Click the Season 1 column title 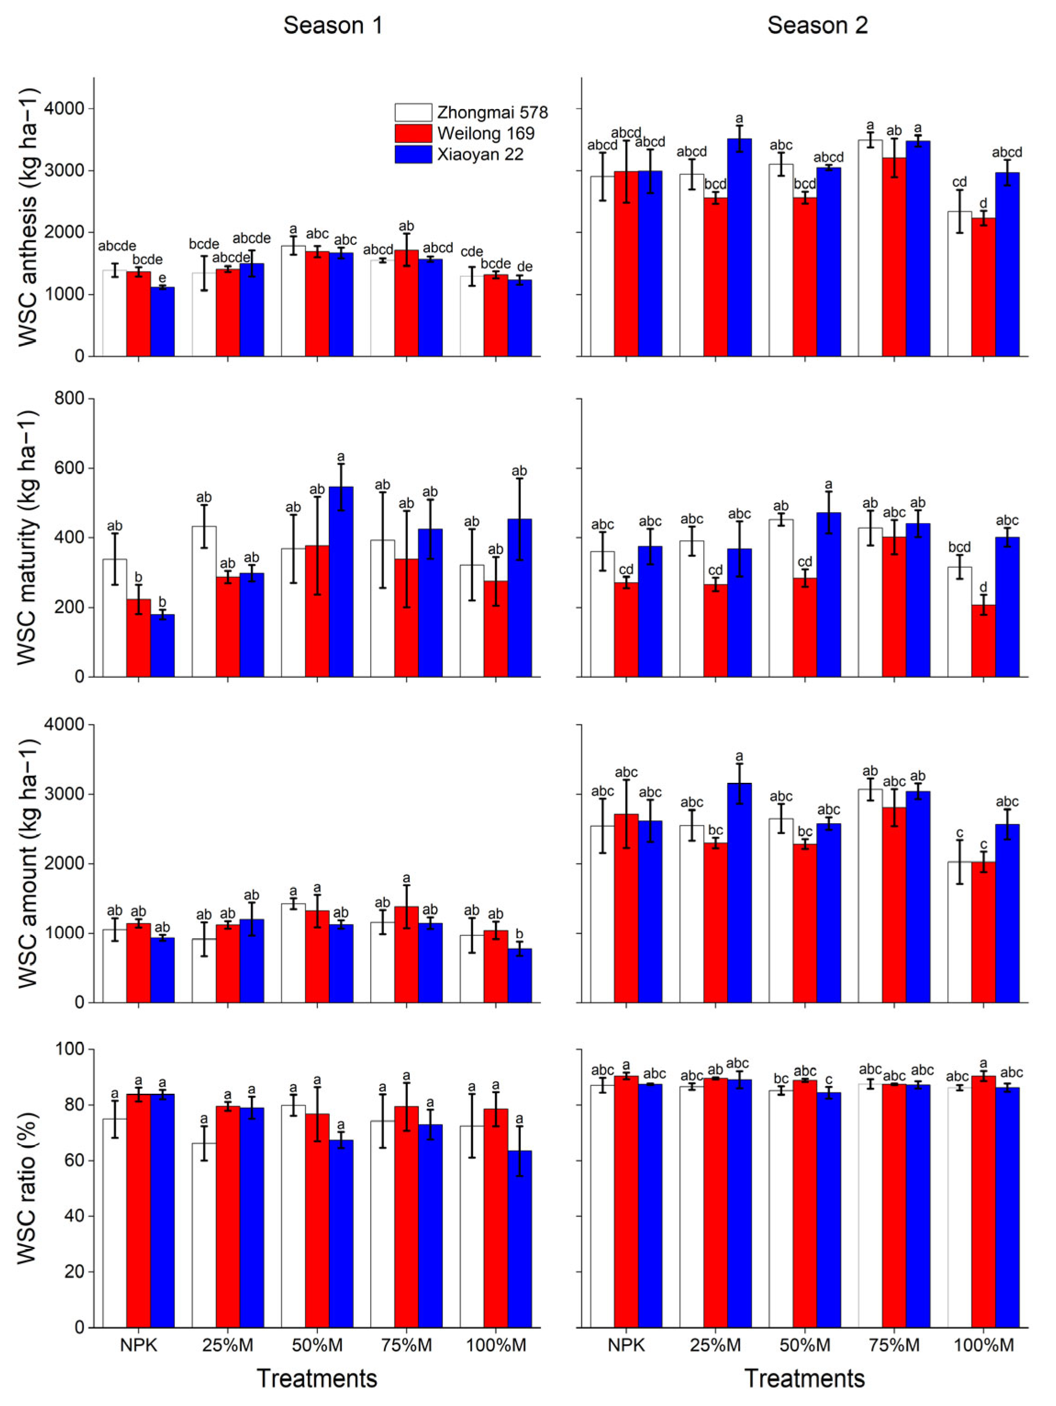click(x=333, y=25)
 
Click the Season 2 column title click(x=817, y=25)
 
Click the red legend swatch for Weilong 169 click(x=413, y=133)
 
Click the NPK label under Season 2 click(x=626, y=1345)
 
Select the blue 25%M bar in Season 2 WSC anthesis click(x=739, y=248)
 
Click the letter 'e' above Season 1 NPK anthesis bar click(x=162, y=278)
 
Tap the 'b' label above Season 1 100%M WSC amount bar click(x=519, y=934)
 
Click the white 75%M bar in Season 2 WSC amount click(x=870, y=896)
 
